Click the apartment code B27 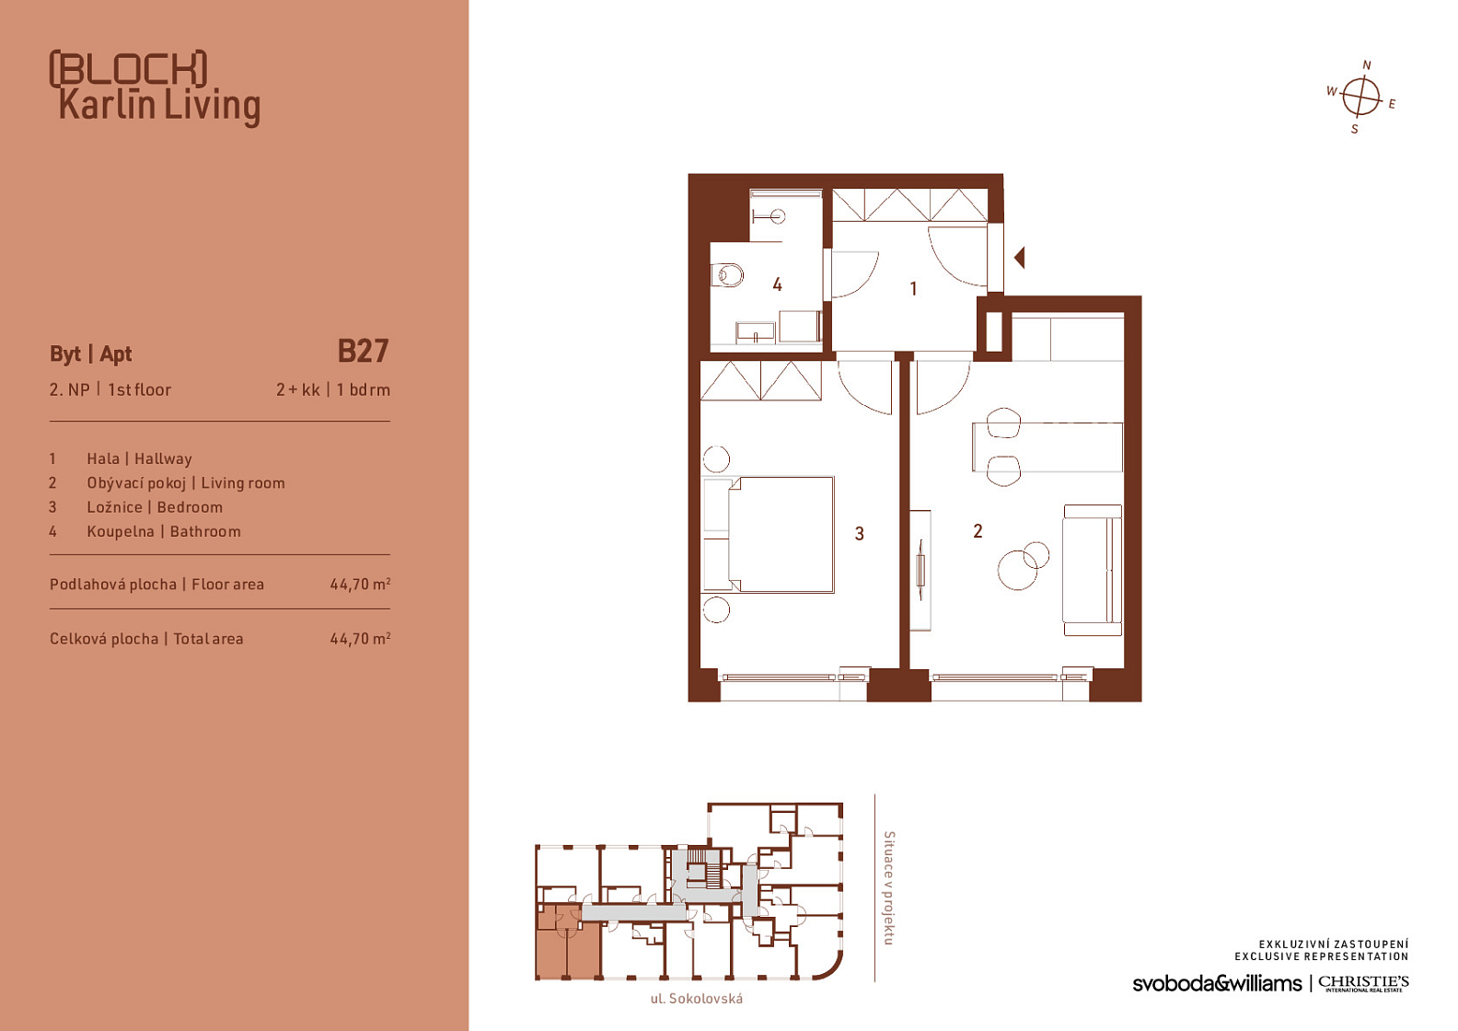(363, 352)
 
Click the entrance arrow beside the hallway (1020, 258)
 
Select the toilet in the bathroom (728, 275)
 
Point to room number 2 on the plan (978, 531)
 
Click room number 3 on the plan (859, 534)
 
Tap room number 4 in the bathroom (777, 284)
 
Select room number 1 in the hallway (913, 288)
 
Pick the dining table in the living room (1047, 446)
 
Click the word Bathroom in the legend (205, 532)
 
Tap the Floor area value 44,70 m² (360, 584)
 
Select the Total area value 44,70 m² (360, 639)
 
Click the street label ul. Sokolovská (697, 999)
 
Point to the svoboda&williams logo (1217, 983)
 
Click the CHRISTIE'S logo (1363, 983)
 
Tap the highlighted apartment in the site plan (568, 941)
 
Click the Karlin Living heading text (159, 106)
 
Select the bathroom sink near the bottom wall (756, 332)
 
